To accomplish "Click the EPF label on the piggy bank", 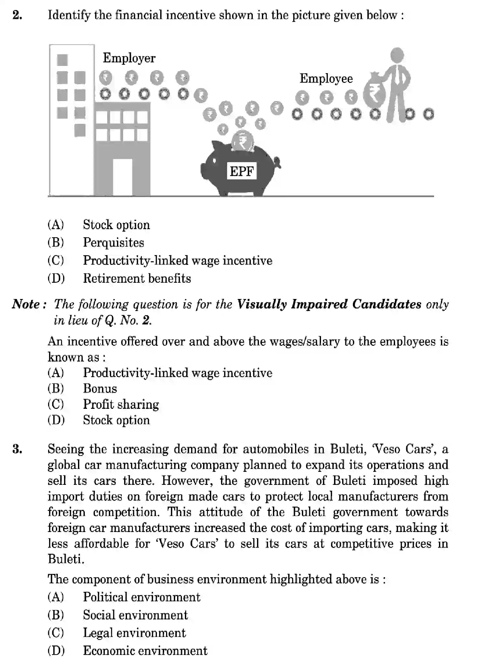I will coord(241,171).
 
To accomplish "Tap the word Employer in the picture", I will coord(129,58).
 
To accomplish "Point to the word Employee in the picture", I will coord(326,79).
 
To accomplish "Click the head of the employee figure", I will coord(397,55).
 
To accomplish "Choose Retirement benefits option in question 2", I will coord(136,279).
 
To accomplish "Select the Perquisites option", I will coord(113,243).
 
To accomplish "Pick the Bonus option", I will coord(100,389).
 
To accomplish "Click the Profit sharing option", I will coord(121,404).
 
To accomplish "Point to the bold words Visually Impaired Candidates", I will coord(329,304).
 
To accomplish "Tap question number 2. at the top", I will coord(17,15).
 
